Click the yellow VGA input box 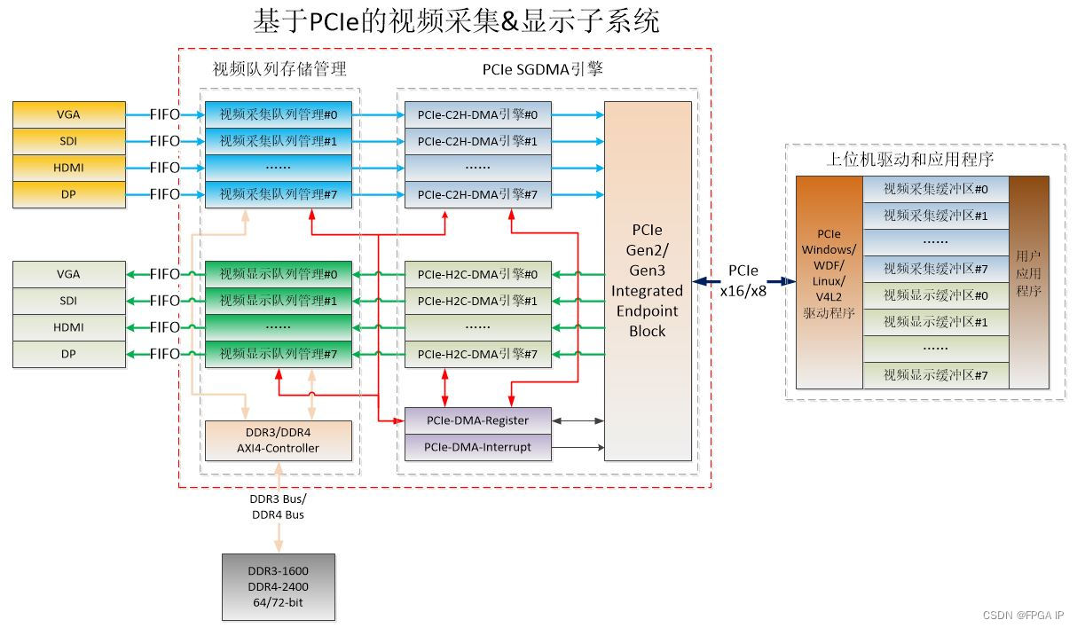(68, 114)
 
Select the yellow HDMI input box (68, 168)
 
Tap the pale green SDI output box (68, 301)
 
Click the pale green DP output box (68, 354)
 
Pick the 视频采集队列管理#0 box (279, 114)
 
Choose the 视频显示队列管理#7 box (279, 354)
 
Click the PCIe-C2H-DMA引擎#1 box (477, 141)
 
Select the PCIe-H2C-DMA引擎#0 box (477, 274)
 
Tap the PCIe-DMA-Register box (477, 420)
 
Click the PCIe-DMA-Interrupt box (477, 447)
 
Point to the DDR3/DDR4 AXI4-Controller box (279, 440)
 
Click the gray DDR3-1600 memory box (279, 587)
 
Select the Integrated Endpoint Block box (648, 281)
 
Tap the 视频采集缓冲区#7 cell (935, 269)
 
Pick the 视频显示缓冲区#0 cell (935, 295)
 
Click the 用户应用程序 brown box (1029, 281)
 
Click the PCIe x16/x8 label (743, 279)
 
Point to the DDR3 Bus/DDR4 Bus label (278, 506)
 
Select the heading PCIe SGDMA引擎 (542, 69)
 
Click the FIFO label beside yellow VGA (165, 114)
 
